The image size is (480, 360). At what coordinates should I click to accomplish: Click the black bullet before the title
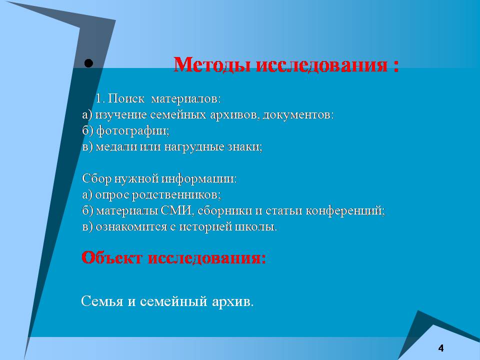(x=88, y=63)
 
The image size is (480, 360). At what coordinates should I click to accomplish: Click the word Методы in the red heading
(x=212, y=64)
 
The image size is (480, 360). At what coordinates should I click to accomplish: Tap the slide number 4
(x=441, y=348)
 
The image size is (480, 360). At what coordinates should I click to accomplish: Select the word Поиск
(x=126, y=98)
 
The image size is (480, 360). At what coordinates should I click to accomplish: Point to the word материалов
(x=186, y=99)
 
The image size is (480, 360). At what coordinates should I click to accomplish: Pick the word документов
(x=298, y=115)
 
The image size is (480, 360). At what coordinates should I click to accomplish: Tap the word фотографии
(x=132, y=131)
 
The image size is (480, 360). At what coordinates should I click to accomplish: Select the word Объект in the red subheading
(x=112, y=257)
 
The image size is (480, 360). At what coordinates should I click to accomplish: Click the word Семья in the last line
(x=102, y=301)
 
